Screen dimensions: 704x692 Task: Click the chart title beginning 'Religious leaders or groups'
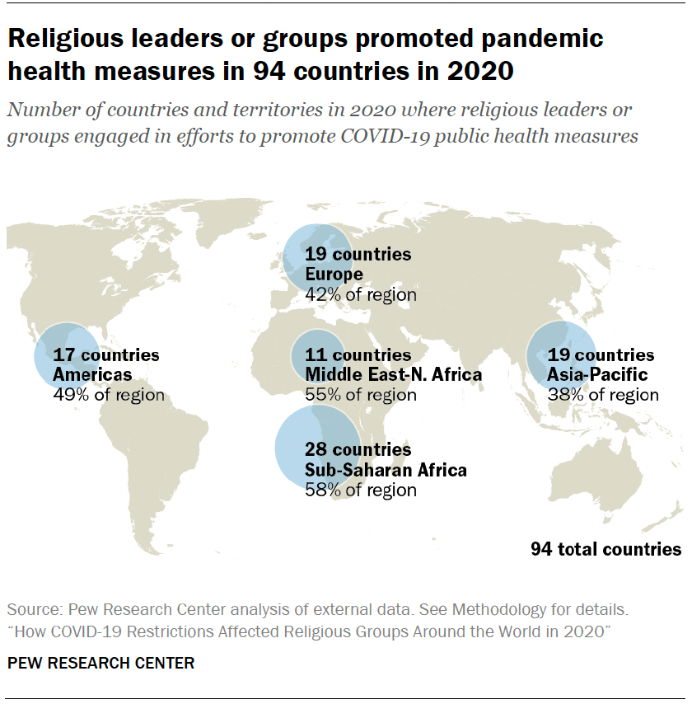(305, 54)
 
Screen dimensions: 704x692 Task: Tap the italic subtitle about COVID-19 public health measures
(322, 124)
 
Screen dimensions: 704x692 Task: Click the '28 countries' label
(358, 450)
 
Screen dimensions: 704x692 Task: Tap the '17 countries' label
(106, 355)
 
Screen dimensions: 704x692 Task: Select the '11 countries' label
(358, 355)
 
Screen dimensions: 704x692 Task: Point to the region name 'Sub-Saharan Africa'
(386, 470)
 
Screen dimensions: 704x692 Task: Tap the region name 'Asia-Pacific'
(597, 375)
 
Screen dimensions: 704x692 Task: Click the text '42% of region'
(360, 293)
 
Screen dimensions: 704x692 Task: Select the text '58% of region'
(360, 490)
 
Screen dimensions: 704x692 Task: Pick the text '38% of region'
(603, 395)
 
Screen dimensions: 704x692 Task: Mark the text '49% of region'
(108, 395)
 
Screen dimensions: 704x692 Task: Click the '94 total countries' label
(605, 549)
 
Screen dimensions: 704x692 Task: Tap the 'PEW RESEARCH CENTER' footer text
(101, 663)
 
